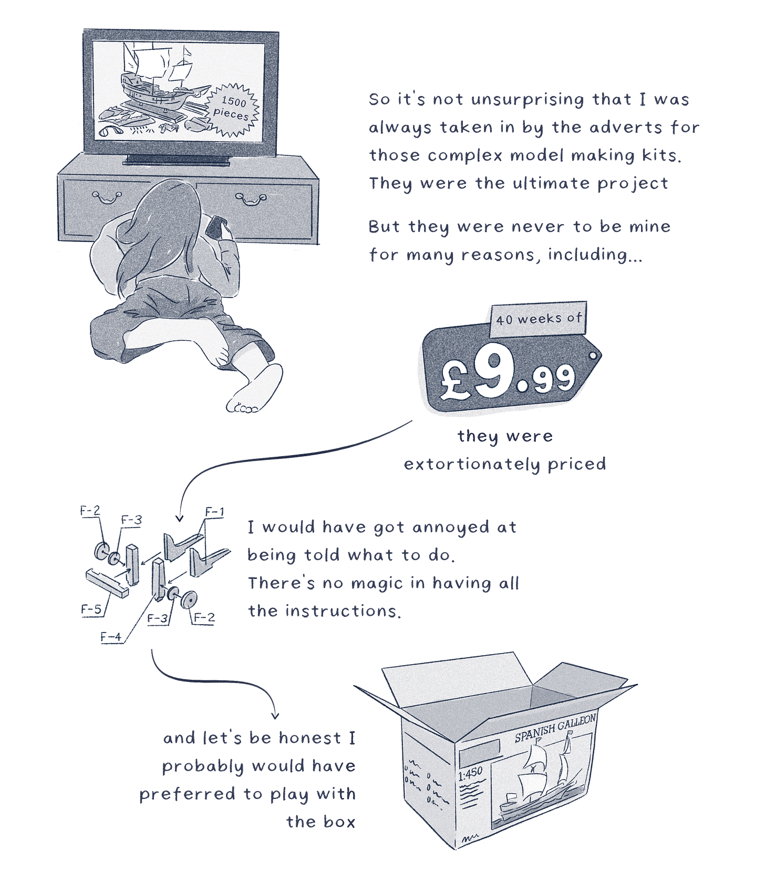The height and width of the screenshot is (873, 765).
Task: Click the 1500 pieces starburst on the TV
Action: pyautogui.click(x=233, y=109)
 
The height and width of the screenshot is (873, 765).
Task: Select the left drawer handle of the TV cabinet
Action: pyautogui.click(x=106, y=197)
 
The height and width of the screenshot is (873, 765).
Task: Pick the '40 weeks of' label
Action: pyautogui.click(x=539, y=318)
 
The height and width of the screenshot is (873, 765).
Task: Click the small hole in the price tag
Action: pyautogui.click(x=593, y=356)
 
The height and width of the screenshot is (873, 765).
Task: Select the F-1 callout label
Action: pyautogui.click(x=214, y=511)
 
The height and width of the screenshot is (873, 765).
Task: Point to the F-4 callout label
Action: pyautogui.click(x=111, y=637)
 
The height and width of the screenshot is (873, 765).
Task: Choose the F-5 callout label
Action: pyautogui.click(x=91, y=609)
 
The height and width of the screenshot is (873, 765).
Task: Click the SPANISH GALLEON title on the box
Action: pyautogui.click(x=555, y=728)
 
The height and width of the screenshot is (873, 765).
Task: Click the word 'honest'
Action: pyautogui.click(x=310, y=738)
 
